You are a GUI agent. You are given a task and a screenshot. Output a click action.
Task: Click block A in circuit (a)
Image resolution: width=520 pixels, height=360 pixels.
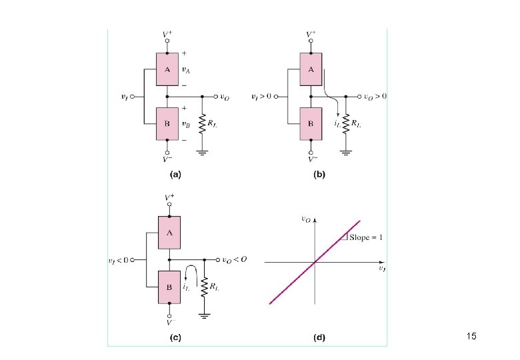tap(167, 69)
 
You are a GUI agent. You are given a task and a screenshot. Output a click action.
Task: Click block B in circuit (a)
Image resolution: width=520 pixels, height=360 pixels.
tap(167, 123)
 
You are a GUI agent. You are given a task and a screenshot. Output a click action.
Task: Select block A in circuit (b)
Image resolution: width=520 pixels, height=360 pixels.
tap(311, 69)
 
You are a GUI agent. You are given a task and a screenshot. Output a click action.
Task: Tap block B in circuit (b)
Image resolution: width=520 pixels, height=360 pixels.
tap(311, 124)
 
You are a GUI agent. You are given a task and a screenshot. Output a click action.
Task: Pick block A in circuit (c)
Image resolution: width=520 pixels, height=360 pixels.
tap(169, 232)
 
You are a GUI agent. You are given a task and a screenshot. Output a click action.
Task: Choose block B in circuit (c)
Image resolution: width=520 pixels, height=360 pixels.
tap(169, 287)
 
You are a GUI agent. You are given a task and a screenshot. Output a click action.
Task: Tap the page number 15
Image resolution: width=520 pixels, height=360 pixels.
tap(471, 337)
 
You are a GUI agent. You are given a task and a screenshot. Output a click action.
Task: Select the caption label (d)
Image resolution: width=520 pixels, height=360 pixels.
tap(319, 337)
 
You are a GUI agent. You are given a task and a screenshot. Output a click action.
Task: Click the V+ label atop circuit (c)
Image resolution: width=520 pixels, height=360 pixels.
tap(169, 198)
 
